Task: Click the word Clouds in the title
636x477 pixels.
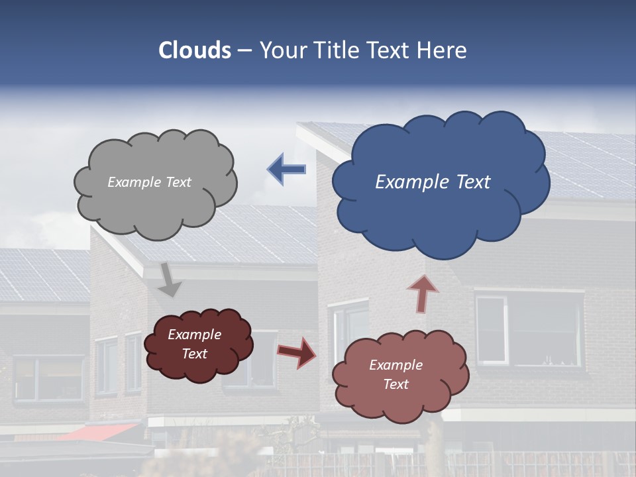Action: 194,50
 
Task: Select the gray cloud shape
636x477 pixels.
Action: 156,209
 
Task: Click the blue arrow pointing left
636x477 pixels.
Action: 286,170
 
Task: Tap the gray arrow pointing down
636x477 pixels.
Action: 170,280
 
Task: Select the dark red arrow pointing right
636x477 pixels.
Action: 296,352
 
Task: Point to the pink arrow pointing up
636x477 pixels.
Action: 422,293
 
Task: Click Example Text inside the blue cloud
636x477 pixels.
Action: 433,182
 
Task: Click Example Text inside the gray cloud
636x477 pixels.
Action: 149,182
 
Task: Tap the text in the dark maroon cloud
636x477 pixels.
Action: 195,344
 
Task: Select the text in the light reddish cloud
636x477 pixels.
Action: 396,374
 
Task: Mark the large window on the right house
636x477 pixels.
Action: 528,330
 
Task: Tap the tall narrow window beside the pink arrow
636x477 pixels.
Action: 348,331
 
